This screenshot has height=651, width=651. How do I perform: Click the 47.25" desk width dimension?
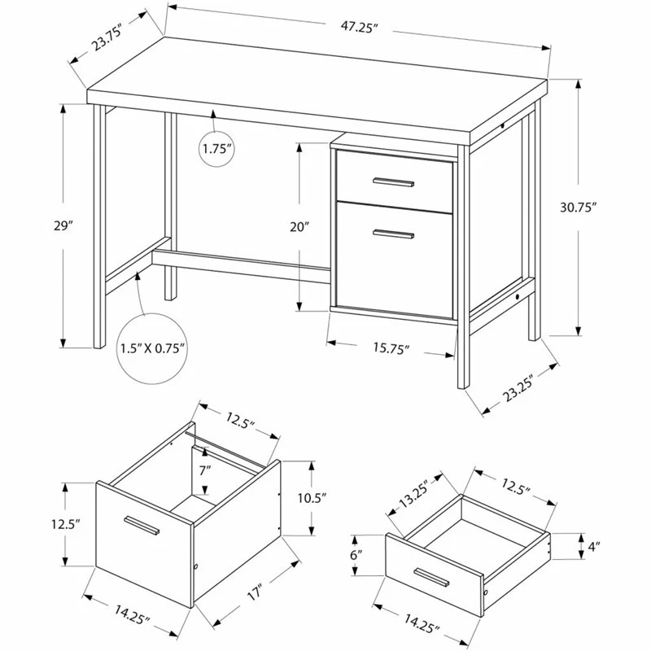(x=356, y=27)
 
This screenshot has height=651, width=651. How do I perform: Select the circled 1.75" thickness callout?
(x=217, y=149)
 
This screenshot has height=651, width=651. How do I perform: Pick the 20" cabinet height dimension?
(x=300, y=226)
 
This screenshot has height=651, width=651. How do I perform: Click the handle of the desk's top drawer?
(x=394, y=181)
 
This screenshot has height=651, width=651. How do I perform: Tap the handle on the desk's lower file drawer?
(x=394, y=235)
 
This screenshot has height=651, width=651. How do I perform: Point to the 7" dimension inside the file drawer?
(x=205, y=470)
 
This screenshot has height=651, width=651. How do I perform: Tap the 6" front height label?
(x=356, y=555)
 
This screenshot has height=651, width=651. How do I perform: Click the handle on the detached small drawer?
(x=431, y=579)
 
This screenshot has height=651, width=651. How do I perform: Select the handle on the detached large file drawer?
(x=142, y=526)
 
